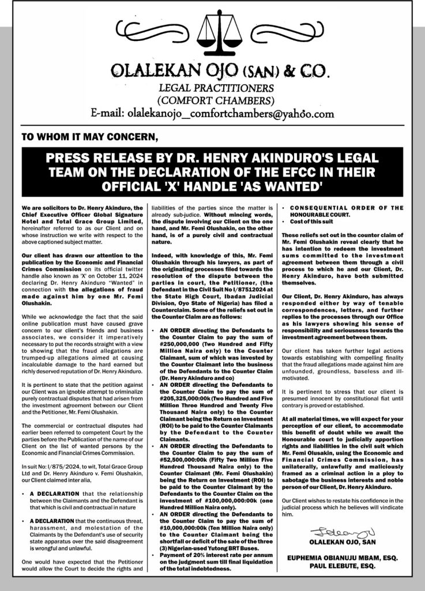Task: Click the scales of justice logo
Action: point(213,36)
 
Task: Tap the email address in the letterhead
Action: point(213,113)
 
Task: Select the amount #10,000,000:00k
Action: point(179,528)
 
